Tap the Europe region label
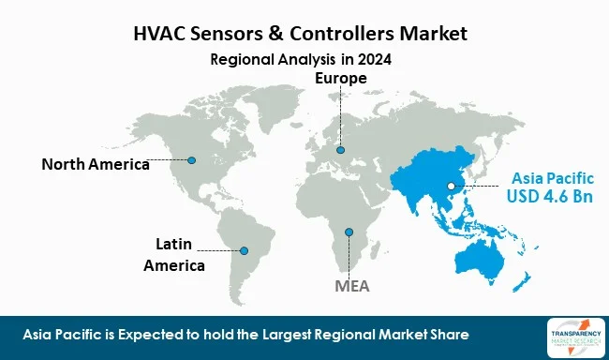340,79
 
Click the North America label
96,165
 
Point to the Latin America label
174,255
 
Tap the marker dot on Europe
340,149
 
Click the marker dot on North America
192,159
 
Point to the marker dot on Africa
349,232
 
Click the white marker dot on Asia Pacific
452,187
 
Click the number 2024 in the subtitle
373,59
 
